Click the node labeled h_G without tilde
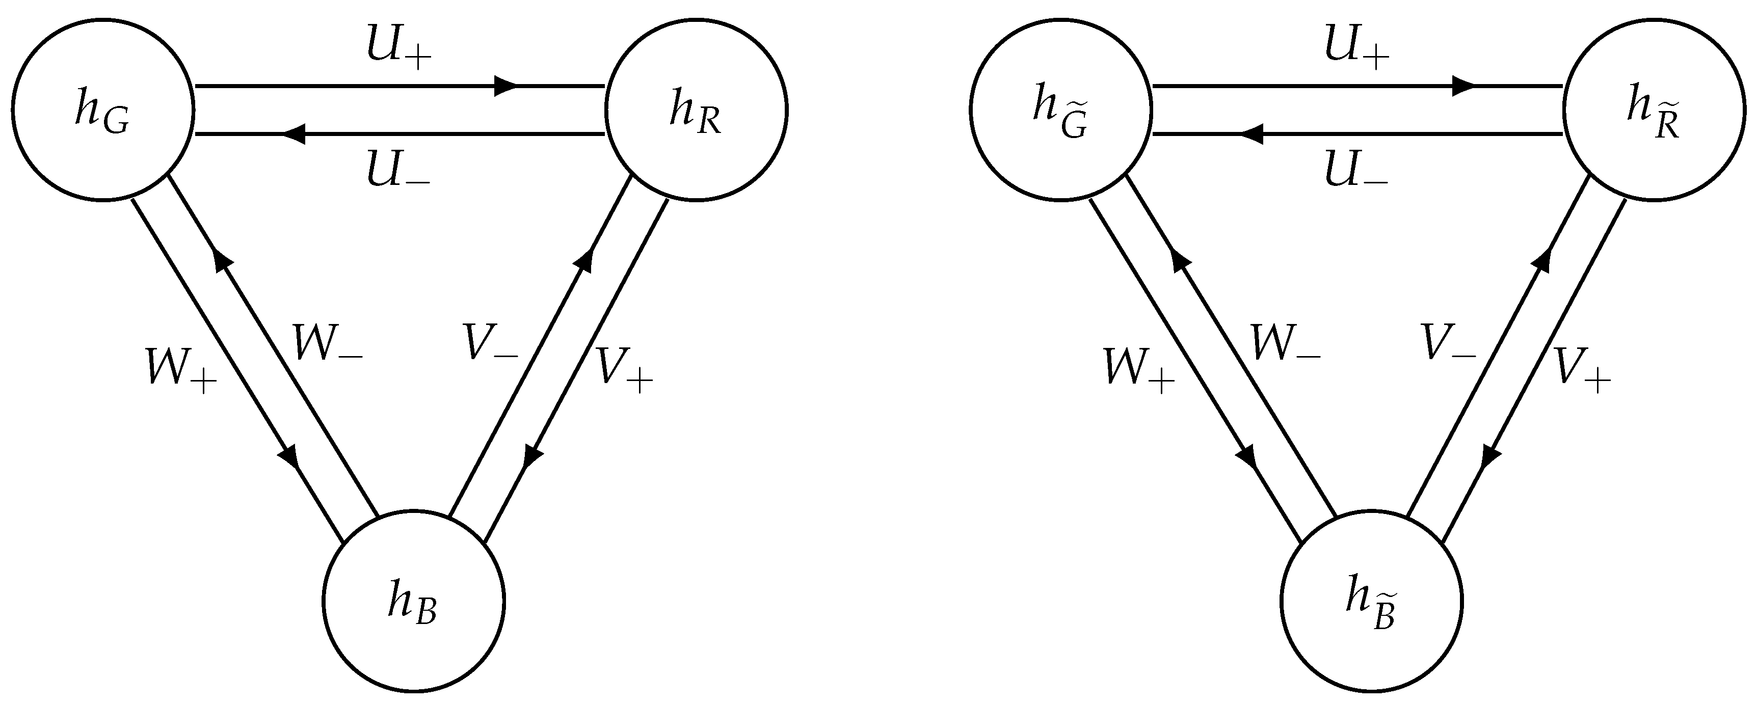click(103, 109)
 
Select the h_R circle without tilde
click(697, 109)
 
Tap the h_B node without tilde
click(413, 601)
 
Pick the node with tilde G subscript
click(1061, 109)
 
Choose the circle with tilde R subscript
click(1655, 109)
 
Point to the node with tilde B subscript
click(1372, 601)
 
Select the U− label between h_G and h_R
click(399, 169)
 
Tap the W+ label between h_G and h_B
click(181, 369)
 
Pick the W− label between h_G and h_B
click(327, 343)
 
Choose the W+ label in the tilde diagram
click(1139, 369)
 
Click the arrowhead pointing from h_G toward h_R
click(506, 87)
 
